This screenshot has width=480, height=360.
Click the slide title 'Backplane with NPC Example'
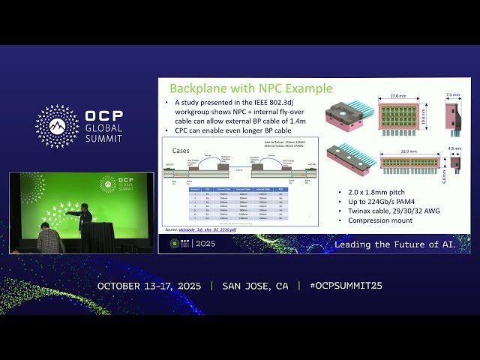click(x=250, y=88)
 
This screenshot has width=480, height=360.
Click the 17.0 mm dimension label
click(x=398, y=95)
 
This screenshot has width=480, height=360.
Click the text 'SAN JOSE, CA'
click(x=255, y=286)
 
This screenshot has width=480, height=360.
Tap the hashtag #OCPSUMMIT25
click(x=340, y=286)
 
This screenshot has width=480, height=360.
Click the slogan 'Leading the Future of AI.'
click(x=402, y=244)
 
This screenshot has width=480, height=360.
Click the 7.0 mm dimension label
click(x=454, y=95)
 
